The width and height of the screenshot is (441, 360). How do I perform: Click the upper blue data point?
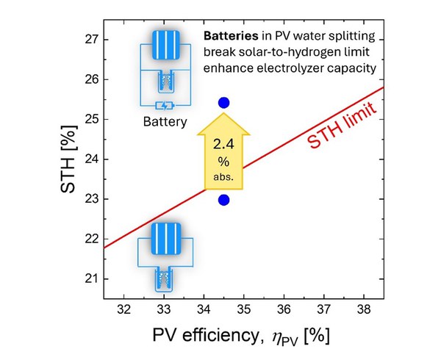(224, 102)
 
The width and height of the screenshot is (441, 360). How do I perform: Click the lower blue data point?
(224, 200)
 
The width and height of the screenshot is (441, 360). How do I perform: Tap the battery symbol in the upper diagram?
(165, 105)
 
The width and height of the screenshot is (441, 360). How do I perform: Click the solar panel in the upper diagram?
(165, 48)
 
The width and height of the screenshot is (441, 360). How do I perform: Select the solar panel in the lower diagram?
(165, 239)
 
